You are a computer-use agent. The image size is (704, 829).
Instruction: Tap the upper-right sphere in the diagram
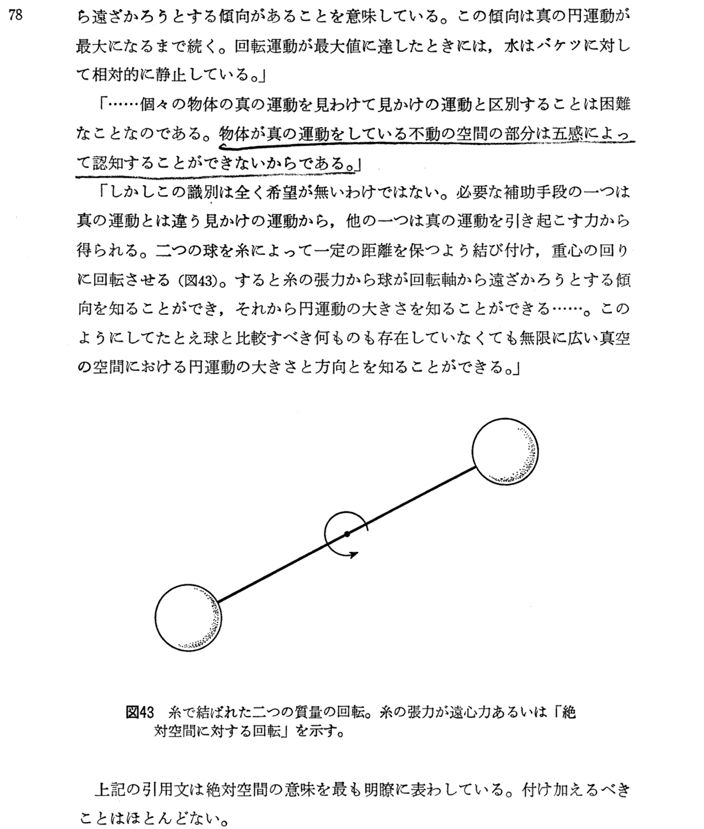505,451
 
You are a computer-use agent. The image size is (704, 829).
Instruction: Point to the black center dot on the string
346,534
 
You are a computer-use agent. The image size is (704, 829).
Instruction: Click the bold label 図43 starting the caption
140,713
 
